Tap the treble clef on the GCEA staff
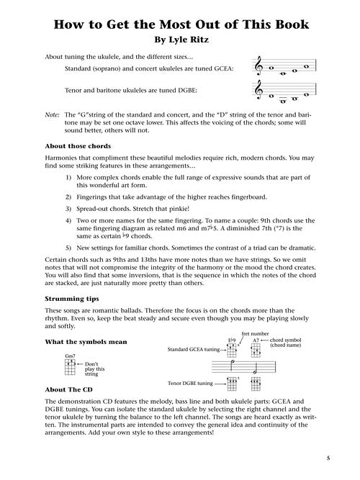[x=259, y=65]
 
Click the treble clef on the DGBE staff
[x=259, y=90]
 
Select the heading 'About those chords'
[x=78, y=146]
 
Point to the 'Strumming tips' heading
[x=72, y=299]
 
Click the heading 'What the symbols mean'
[x=86, y=342]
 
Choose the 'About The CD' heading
[x=68, y=390]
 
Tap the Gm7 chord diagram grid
[x=70, y=367]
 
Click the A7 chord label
[x=256, y=340]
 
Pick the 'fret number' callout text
[x=255, y=334]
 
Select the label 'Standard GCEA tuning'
[x=194, y=349]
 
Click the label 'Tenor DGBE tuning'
[x=190, y=384]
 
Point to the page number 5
[x=328, y=458]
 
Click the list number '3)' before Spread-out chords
[x=68, y=209]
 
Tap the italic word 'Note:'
[x=52, y=115]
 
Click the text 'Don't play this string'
[x=94, y=369]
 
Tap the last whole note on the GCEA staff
[x=306, y=66]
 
